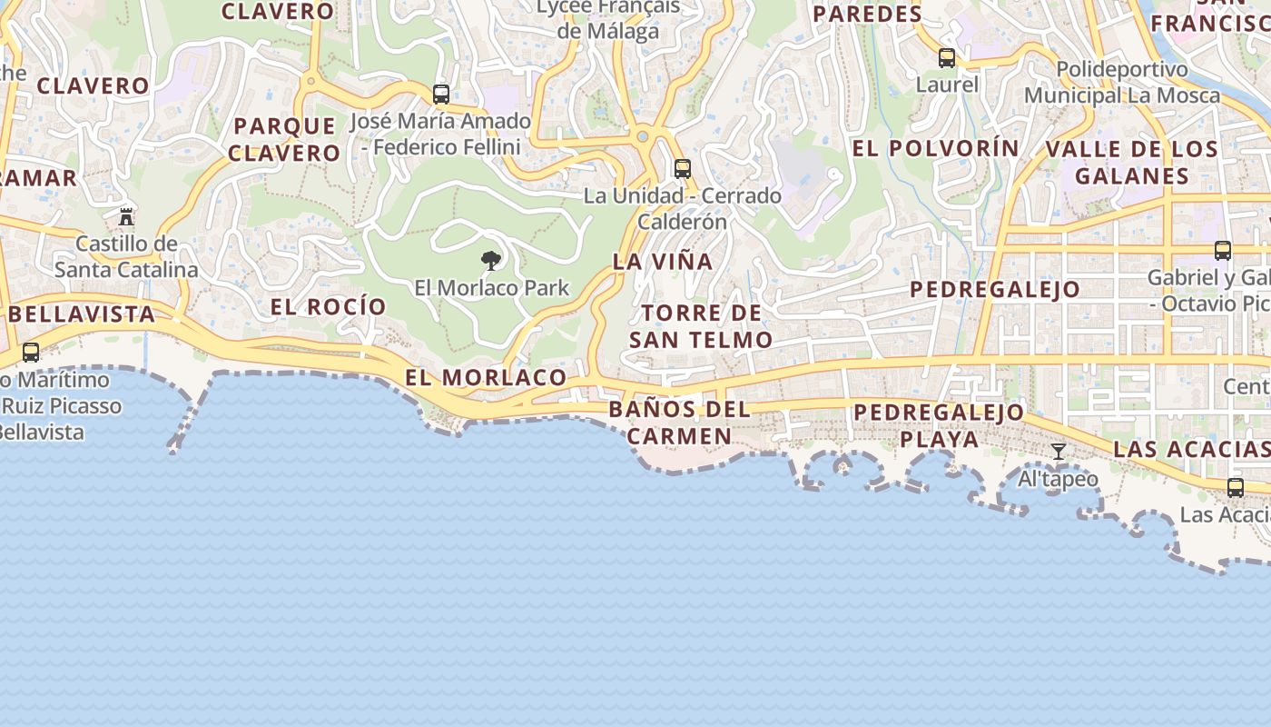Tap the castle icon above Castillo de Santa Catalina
(x=126, y=217)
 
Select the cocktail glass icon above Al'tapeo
(x=1059, y=452)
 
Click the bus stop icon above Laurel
(x=947, y=59)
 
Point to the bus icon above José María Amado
(x=441, y=95)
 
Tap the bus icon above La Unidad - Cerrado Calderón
(x=683, y=169)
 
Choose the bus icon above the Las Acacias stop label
(x=1236, y=488)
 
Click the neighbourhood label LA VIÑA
(x=663, y=262)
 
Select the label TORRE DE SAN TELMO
(x=701, y=327)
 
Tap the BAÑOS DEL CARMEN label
(x=680, y=423)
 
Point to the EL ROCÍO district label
(x=329, y=307)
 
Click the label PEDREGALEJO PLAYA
(x=939, y=425)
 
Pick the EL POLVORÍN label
(x=936, y=148)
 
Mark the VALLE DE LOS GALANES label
(x=1131, y=163)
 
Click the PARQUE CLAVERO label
(x=284, y=139)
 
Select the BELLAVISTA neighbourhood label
(x=82, y=314)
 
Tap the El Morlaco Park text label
(x=492, y=288)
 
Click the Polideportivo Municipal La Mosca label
(x=1122, y=83)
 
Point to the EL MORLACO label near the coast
(x=486, y=377)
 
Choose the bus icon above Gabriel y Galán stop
(x=1223, y=251)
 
